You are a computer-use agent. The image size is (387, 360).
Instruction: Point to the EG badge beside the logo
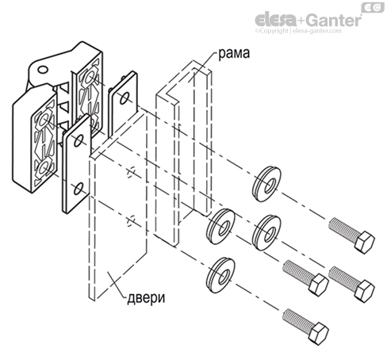(374, 7)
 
